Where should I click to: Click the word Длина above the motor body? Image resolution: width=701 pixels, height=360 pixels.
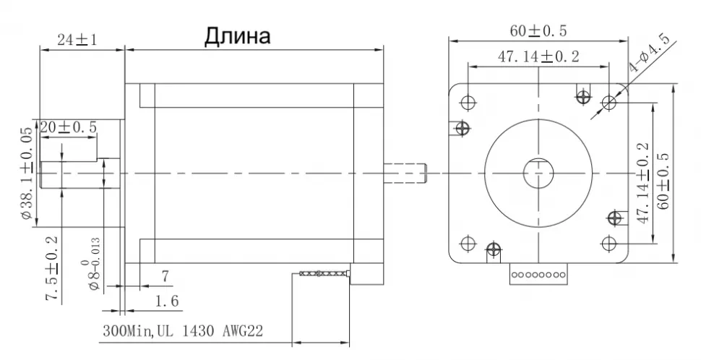click(x=238, y=36)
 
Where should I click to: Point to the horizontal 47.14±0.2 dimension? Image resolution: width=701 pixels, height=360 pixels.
click(x=538, y=57)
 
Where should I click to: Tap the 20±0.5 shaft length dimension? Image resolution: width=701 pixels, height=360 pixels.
click(x=68, y=127)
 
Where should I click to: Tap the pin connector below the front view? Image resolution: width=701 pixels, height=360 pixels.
click(x=538, y=274)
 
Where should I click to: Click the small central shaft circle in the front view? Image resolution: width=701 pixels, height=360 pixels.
click(x=538, y=173)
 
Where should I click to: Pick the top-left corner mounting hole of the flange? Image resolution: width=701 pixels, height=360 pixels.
click(x=468, y=100)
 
